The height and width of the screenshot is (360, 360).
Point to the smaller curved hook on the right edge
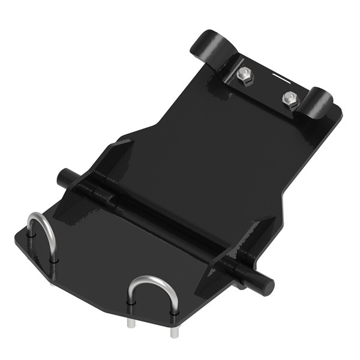[x=319, y=103]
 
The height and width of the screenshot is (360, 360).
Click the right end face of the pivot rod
[x=267, y=284]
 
